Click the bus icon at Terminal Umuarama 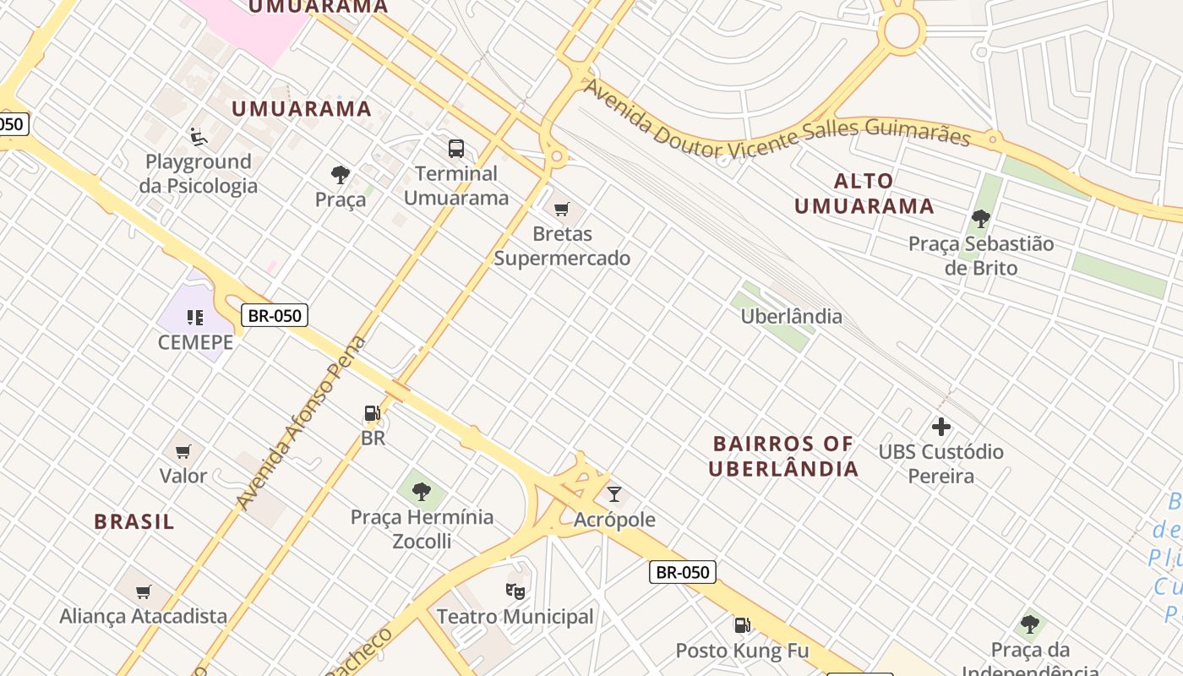tap(456, 149)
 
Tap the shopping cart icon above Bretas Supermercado tap(562, 209)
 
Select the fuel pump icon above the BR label tap(372, 413)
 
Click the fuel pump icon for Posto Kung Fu tap(742, 625)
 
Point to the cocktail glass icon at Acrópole tap(614, 494)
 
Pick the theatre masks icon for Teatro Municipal tap(515, 591)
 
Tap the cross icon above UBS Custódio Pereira tap(940, 427)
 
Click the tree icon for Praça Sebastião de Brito tap(980, 219)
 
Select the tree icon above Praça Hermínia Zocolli tap(421, 491)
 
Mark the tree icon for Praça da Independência tap(1029, 624)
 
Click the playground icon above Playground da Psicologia tap(198, 136)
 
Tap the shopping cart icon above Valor tap(183, 451)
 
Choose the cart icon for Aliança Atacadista tap(144, 591)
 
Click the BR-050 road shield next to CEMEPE tap(275, 315)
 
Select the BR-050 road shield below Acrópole tap(683, 572)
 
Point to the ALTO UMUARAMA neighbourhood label tap(864, 194)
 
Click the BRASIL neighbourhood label tap(134, 521)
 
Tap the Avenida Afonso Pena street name tap(302, 422)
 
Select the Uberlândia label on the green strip tap(791, 316)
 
